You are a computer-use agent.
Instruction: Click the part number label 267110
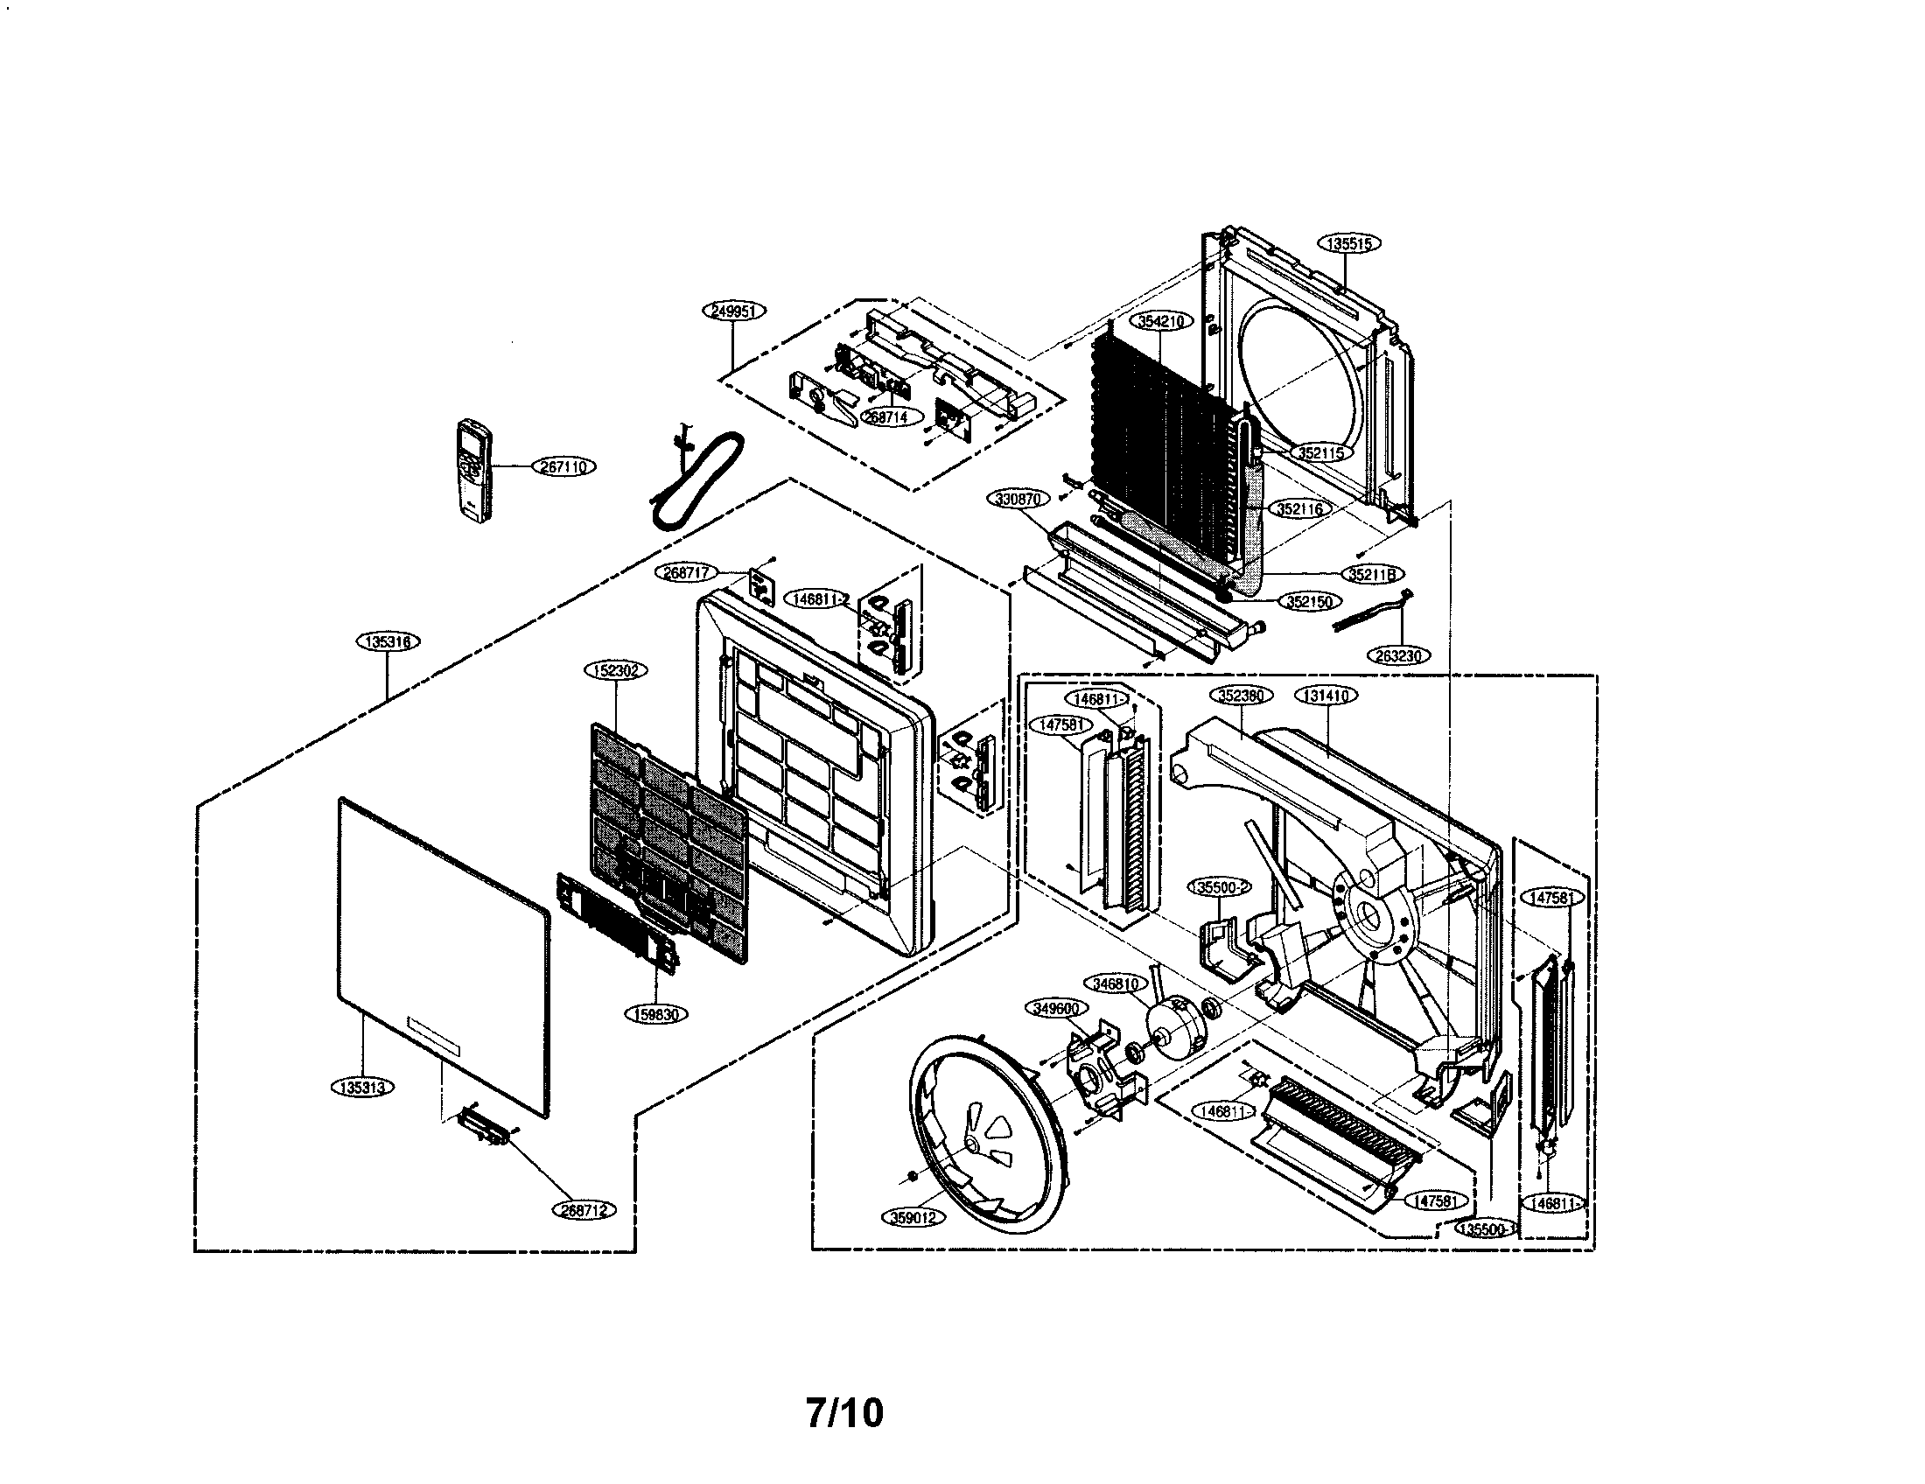[x=563, y=467]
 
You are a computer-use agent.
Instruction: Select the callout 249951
[x=734, y=311]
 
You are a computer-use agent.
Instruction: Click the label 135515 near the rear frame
[x=1349, y=244]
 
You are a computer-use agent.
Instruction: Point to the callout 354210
[x=1161, y=322]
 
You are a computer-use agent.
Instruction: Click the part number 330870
[x=1018, y=499]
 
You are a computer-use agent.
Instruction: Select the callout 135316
[x=388, y=641]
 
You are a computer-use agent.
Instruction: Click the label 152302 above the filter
[x=615, y=670]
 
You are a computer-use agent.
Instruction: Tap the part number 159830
[x=655, y=1014]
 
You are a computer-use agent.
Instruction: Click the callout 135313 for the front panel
[x=363, y=1088]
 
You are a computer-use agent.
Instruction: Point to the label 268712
[x=584, y=1210]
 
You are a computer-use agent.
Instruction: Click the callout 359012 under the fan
[x=913, y=1217]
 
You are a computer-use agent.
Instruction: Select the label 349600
[x=1056, y=1008]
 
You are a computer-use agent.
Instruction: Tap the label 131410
[x=1326, y=696]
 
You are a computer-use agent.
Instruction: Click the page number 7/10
[x=843, y=1412]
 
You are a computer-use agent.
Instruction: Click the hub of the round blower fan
[x=971, y=1142]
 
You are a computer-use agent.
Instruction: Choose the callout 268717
[x=687, y=573]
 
